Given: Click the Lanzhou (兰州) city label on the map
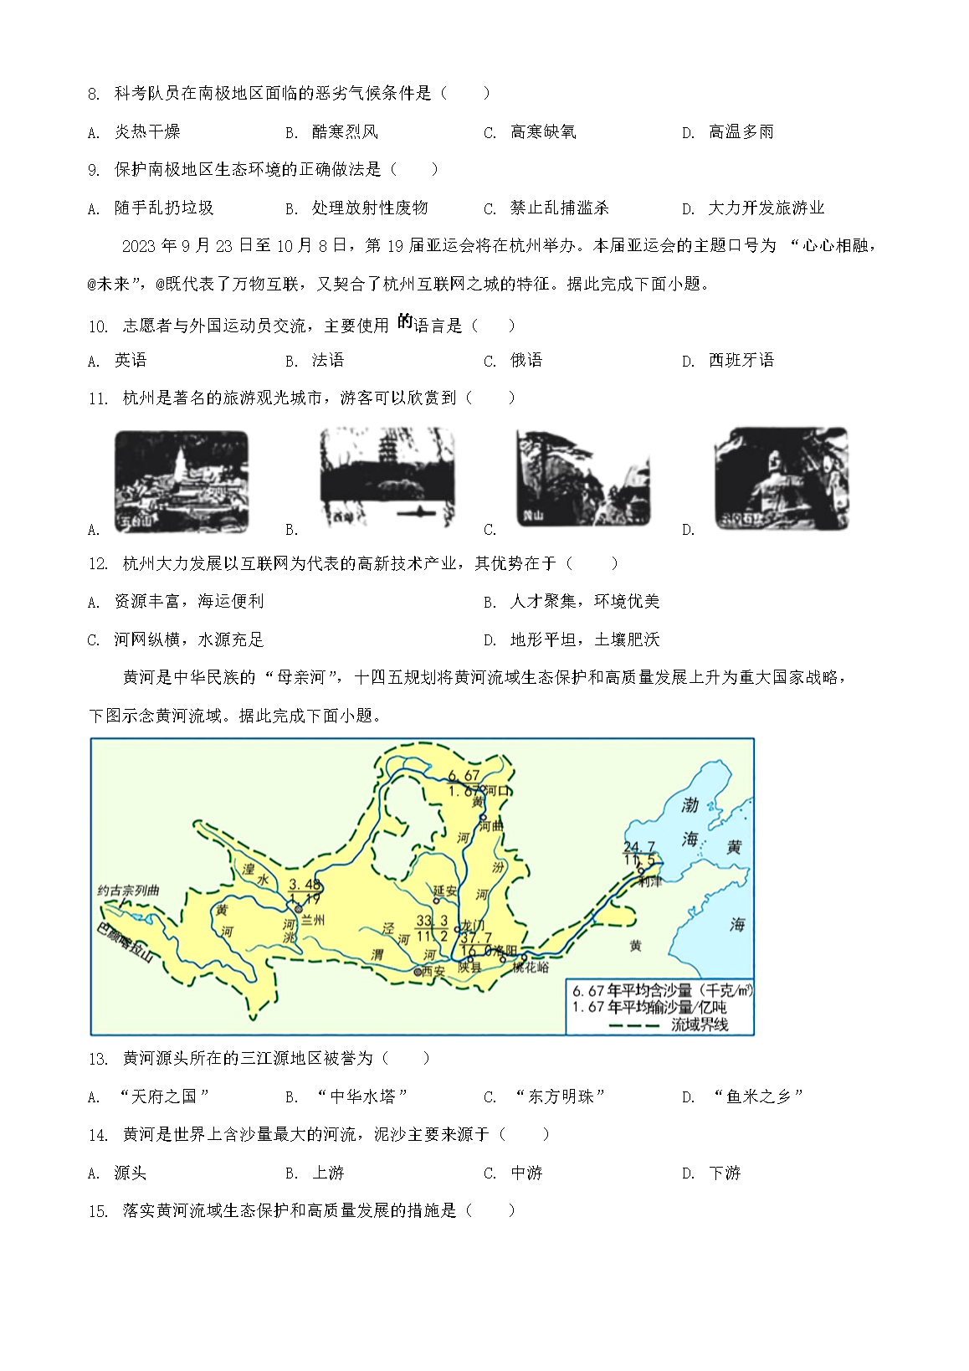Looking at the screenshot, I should pos(312,920).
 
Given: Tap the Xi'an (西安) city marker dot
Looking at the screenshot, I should pos(418,972).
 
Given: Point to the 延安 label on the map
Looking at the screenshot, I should pos(445,891).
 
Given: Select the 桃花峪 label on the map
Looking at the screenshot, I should pos(531,967).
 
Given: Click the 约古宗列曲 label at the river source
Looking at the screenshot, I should pos(128,891).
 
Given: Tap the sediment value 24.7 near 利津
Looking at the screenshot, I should pos(639,847).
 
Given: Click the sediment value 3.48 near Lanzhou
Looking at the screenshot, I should pos(305,885).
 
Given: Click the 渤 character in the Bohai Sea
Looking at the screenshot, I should pos(690,805).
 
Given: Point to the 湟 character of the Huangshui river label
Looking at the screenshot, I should pos(248,869).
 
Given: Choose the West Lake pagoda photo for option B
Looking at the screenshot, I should pos(387,477).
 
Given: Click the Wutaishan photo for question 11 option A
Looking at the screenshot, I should pos(182,480).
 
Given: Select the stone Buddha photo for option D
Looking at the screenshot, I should pos(781,478).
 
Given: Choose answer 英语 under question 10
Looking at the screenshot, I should pos(131,361).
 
